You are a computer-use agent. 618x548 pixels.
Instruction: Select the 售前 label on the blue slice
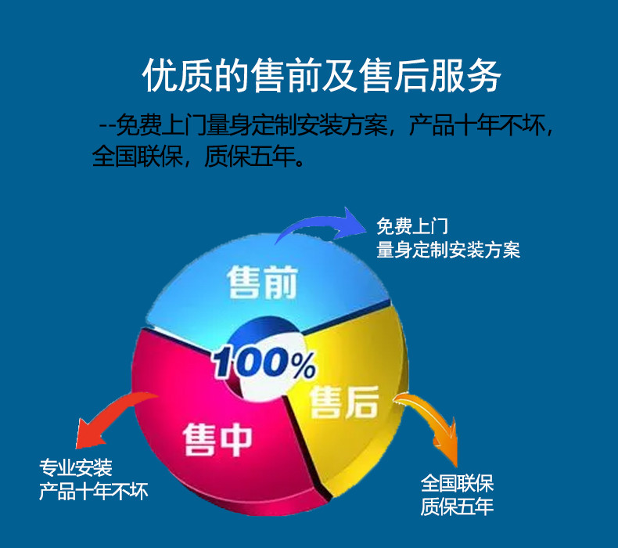(x=262, y=282)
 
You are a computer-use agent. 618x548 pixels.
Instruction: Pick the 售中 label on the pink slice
(x=217, y=440)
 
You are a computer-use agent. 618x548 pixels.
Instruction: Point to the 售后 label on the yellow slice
(x=344, y=402)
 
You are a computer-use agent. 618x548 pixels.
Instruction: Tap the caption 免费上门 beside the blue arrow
(x=412, y=226)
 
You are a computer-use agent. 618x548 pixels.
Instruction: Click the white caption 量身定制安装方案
(x=448, y=250)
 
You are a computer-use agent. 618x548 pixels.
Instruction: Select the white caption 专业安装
(x=76, y=468)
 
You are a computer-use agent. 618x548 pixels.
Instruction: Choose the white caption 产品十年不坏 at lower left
(x=93, y=492)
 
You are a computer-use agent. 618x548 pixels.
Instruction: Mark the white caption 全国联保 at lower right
(x=457, y=484)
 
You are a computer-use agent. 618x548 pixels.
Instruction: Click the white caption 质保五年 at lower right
(x=457, y=507)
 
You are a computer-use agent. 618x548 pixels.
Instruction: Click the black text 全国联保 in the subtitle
(x=137, y=157)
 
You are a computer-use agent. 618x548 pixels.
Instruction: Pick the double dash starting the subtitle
(x=108, y=127)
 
